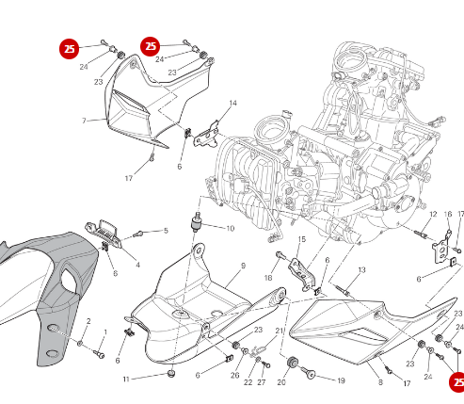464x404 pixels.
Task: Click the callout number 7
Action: tap(84, 121)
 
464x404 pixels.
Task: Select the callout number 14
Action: tap(232, 103)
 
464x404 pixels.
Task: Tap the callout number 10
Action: tap(231, 228)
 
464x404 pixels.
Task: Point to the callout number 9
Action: tap(242, 267)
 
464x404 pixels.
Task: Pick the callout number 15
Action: tap(301, 239)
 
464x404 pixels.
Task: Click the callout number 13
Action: tap(360, 270)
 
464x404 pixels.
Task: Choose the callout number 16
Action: tap(448, 215)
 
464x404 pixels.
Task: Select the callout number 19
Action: tap(341, 381)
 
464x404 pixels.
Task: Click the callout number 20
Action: tap(281, 382)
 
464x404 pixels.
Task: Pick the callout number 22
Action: tap(248, 382)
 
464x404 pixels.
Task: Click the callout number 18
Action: tap(268, 278)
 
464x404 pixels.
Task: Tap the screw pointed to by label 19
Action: tap(307, 374)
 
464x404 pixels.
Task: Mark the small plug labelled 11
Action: tap(170, 375)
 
